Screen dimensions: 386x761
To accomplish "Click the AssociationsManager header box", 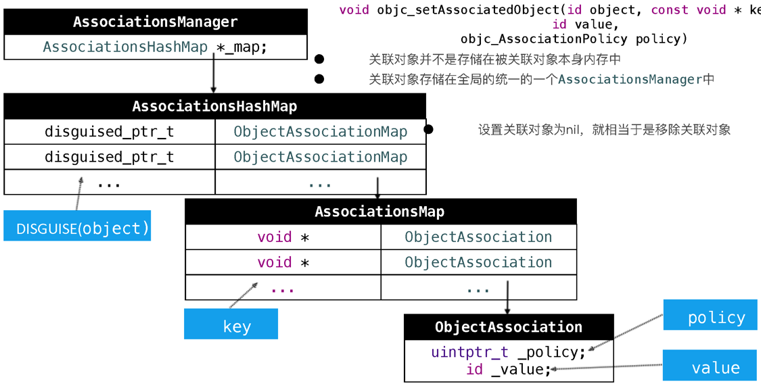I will (156, 22).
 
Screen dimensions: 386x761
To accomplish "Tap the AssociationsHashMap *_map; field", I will (156, 47).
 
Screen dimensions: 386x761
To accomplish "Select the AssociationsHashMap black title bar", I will (214, 106).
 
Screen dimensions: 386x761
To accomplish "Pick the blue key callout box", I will (231, 324).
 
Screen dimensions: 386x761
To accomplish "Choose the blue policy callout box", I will (710, 316).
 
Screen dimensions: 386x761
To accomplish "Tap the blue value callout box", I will (710, 366).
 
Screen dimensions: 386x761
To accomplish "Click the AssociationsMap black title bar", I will (380, 212).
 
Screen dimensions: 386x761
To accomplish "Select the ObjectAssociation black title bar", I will (509, 327).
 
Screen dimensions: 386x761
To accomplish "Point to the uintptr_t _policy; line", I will (509, 352).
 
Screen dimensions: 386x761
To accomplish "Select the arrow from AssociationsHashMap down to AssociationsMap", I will (377, 187).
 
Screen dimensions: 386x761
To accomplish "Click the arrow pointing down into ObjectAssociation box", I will (507, 297).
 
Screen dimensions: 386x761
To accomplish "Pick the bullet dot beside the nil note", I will (429, 129).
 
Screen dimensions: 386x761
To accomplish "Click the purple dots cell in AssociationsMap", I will (283, 289).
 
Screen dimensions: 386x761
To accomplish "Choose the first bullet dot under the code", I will (319, 59).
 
